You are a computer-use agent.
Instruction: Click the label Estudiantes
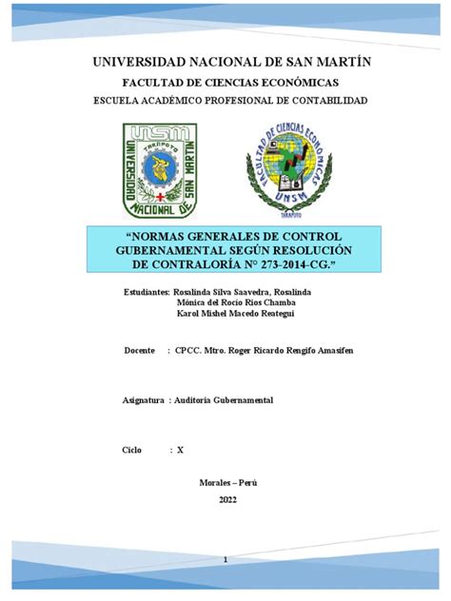pos(146,290)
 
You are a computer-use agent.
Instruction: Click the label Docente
pos(139,351)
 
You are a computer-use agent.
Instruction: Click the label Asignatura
pos(144,400)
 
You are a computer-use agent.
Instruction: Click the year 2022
pos(227,499)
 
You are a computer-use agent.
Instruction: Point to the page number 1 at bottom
pos(225,562)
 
